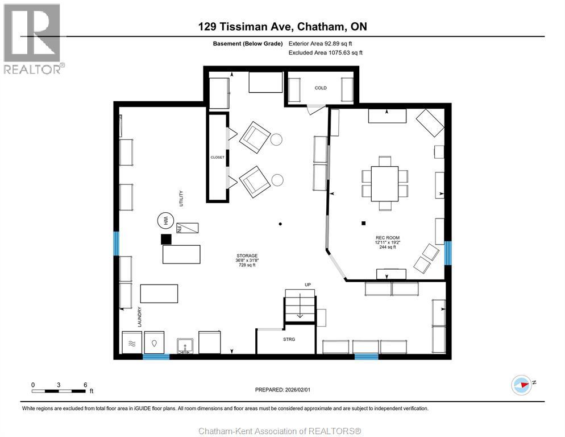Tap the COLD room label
click(321, 88)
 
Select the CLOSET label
click(217, 157)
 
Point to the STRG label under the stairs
click(289, 339)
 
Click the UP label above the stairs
click(308, 285)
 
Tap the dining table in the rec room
click(384, 184)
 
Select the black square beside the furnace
click(166, 240)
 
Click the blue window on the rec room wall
click(448, 253)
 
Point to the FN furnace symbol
click(188, 228)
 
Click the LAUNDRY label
click(139, 317)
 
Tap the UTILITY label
click(181, 199)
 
